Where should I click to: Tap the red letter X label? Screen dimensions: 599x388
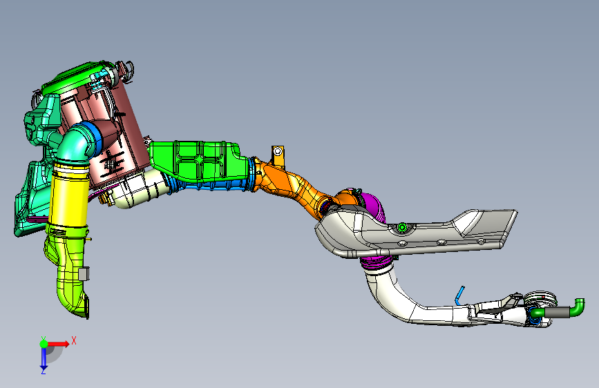[74, 340]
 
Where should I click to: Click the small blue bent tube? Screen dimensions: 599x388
[459, 296]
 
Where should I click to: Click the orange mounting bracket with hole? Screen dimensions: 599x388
[278, 156]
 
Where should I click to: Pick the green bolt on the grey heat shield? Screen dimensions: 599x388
[402, 228]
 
